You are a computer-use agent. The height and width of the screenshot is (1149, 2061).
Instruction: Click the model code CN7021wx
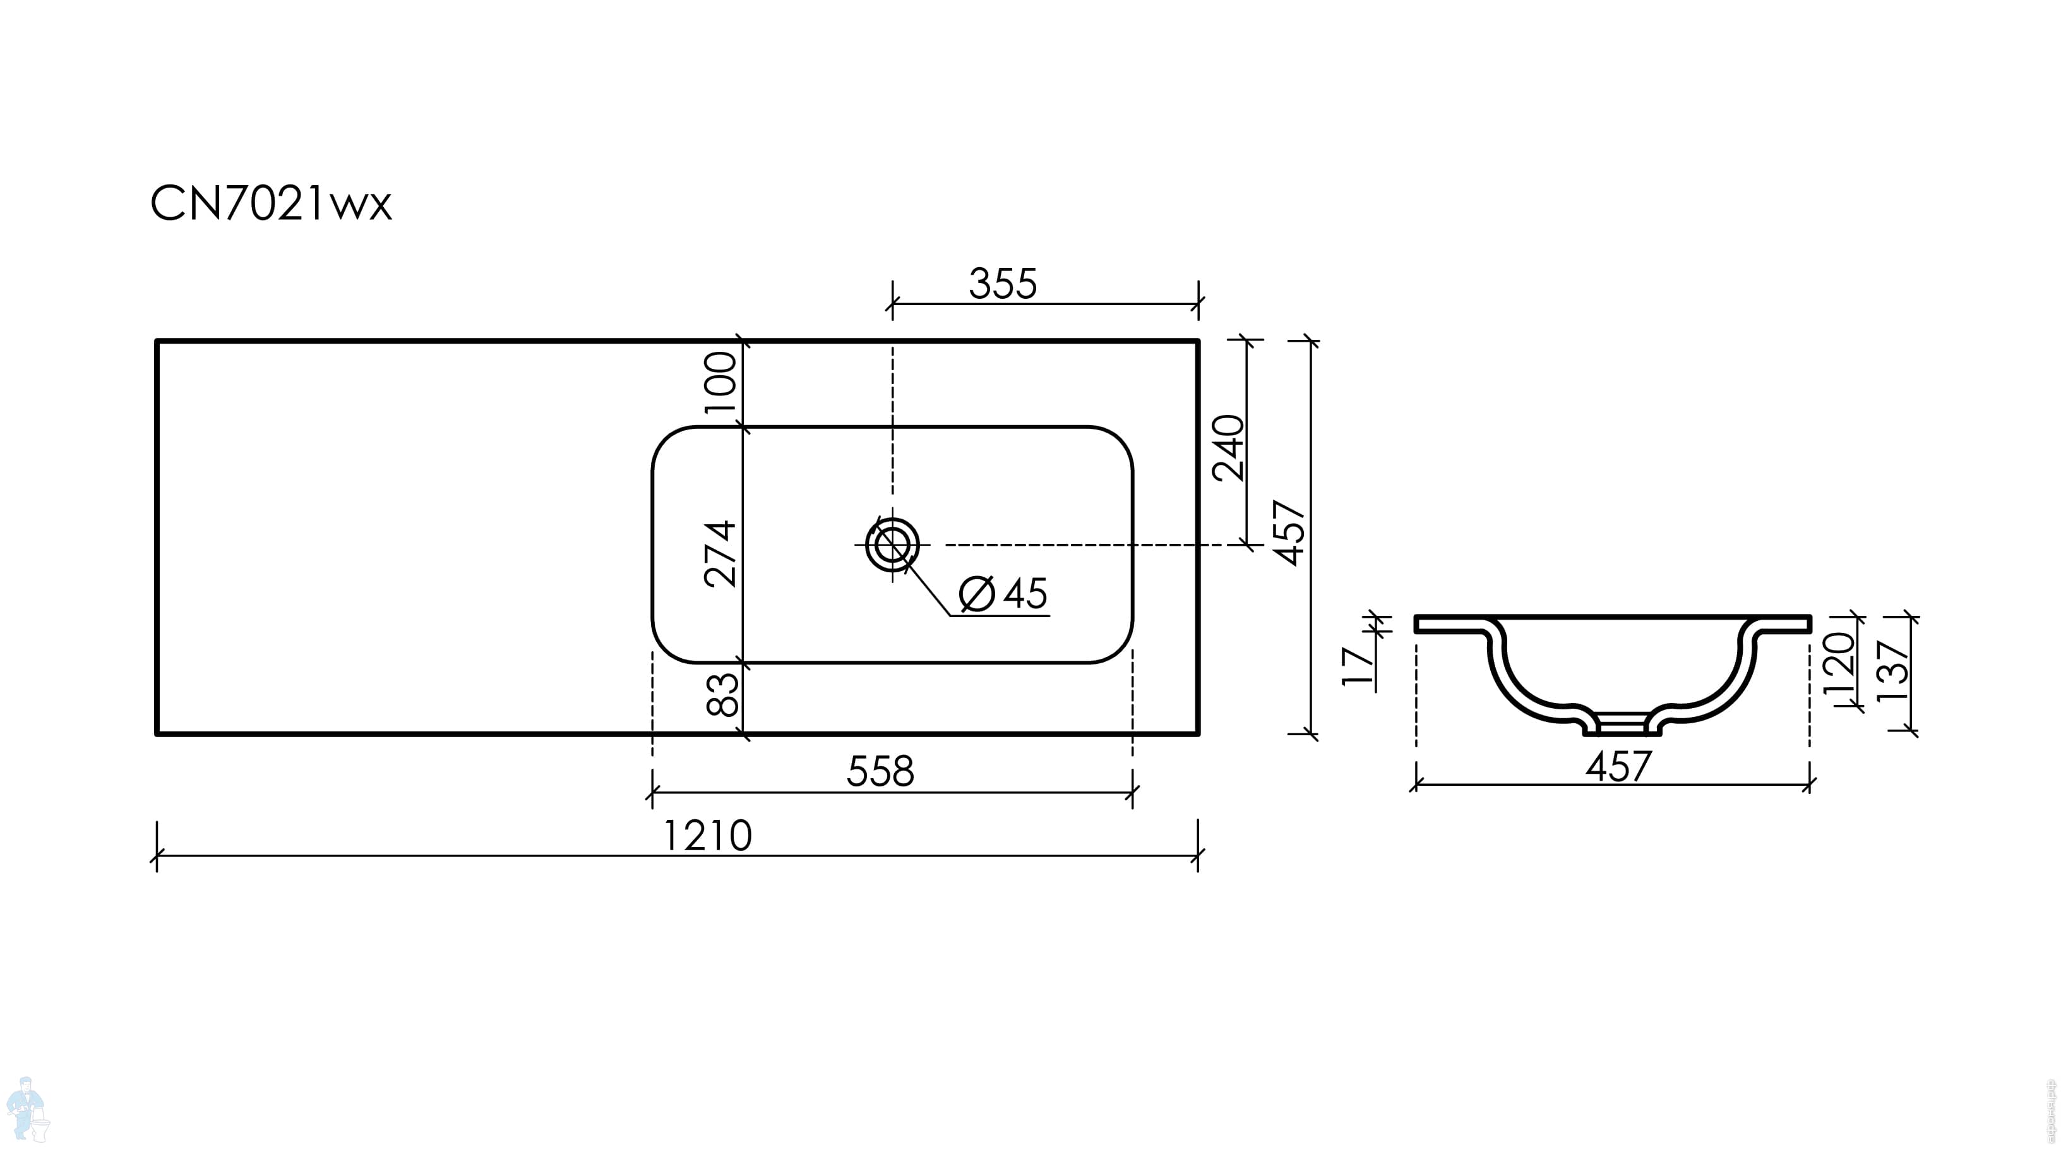[x=270, y=204]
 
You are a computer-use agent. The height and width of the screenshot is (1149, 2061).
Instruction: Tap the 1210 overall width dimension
[x=707, y=836]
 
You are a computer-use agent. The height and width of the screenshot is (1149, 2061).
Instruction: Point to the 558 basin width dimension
[x=880, y=771]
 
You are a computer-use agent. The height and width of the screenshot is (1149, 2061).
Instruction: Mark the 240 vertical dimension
[x=1228, y=448]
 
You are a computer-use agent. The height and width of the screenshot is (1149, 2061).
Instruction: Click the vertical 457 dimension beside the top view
[x=1289, y=533]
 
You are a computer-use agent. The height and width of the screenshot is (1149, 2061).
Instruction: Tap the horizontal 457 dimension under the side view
[x=1618, y=767]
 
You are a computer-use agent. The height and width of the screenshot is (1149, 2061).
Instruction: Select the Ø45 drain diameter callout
[x=1003, y=594]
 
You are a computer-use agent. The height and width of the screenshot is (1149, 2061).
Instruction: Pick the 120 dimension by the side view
[x=1837, y=664]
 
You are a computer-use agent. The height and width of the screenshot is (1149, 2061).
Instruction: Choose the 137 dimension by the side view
[x=1893, y=671]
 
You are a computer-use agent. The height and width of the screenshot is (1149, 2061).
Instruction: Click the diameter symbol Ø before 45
[x=977, y=594]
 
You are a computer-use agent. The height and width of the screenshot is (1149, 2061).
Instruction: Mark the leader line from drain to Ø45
[x=928, y=589]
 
